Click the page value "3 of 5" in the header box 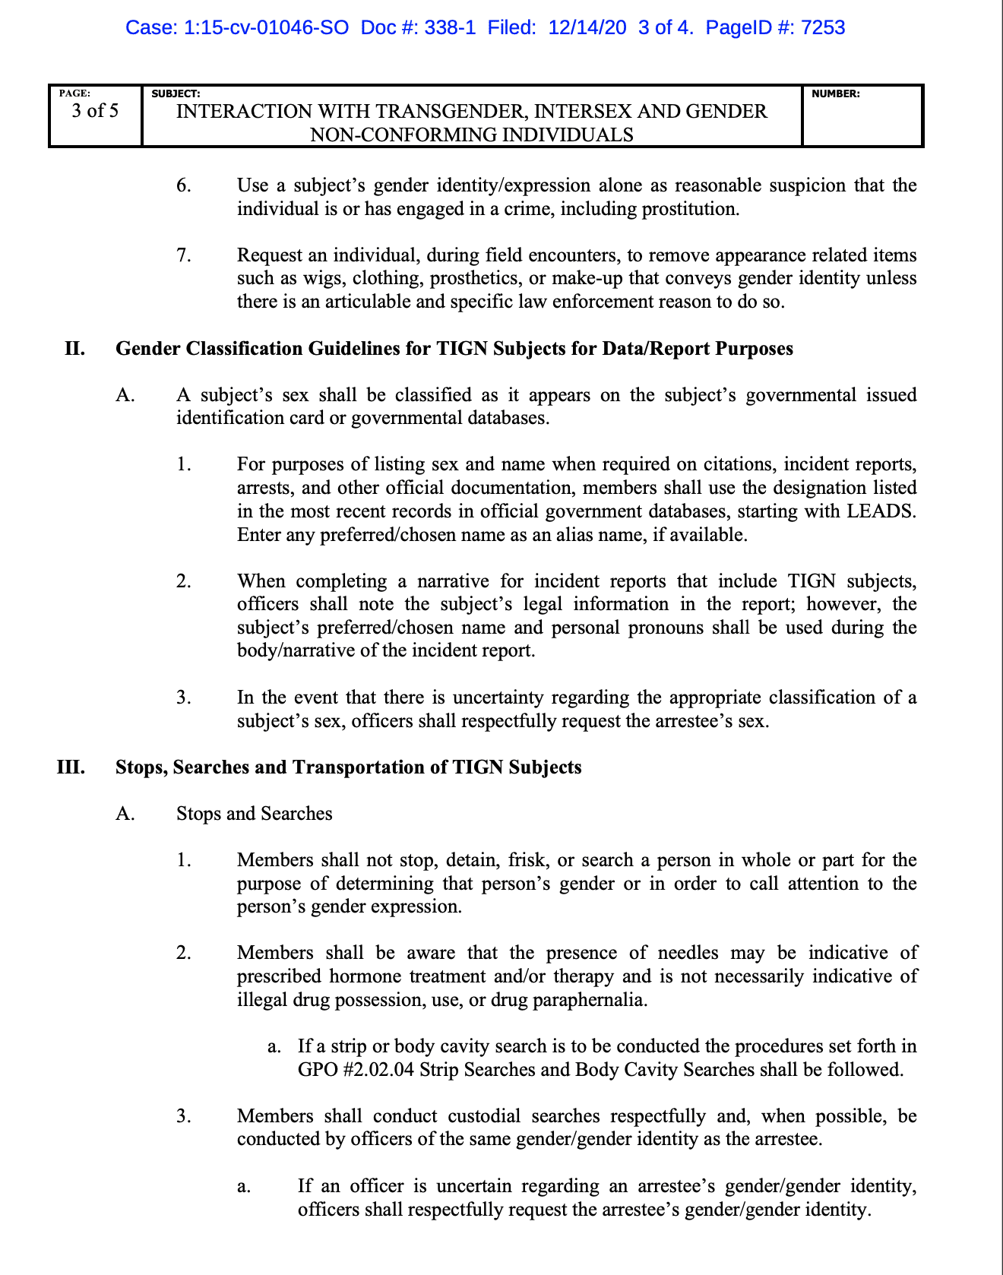tap(95, 111)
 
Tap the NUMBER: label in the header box tap(836, 94)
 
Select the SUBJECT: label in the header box tap(176, 94)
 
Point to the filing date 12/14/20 tap(587, 28)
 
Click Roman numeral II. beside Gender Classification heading tap(74, 349)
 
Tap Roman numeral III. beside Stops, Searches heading tap(71, 767)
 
